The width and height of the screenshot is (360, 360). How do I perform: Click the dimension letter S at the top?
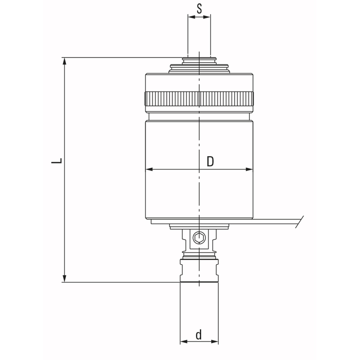[x=199, y=9]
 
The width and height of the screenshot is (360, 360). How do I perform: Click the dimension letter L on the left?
[x=56, y=161]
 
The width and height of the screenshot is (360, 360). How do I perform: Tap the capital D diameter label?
[x=210, y=162]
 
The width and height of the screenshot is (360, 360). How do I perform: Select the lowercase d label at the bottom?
[x=199, y=335]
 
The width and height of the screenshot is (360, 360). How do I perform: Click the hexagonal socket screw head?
[x=199, y=238]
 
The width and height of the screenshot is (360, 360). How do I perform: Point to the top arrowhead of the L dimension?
[x=64, y=61]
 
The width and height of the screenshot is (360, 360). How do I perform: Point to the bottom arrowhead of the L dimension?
[x=64, y=278]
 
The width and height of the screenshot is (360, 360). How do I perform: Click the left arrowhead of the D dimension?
[x=149, y=169]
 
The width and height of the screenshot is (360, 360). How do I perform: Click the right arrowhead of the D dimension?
[x=249, y=169]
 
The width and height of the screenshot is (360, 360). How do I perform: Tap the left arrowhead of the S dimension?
[x=191, y=17]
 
